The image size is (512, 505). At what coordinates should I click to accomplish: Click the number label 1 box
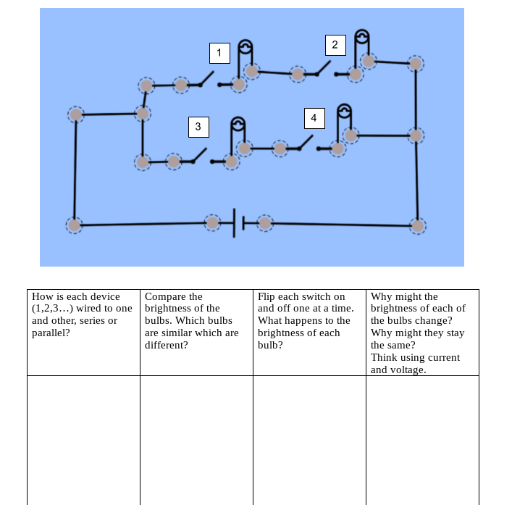(219, 53)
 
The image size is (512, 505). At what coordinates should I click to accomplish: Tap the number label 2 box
(335, 45)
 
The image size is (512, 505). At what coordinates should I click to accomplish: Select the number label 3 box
(198, 127)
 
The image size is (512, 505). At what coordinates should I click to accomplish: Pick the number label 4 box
(314, 117)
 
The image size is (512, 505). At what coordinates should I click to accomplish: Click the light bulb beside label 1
(245, 49)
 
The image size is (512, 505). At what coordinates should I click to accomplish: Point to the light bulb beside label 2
(362, 38)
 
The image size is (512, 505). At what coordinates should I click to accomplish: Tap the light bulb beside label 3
(238, 125)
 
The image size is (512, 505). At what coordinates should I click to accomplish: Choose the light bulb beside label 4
(345, 112)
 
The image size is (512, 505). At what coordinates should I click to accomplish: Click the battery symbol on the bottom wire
(238, 222)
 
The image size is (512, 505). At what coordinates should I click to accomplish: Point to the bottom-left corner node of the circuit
(75, 225)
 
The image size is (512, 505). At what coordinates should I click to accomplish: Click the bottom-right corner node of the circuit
(418, 225)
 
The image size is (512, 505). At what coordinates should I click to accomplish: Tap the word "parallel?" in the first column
(51, 333)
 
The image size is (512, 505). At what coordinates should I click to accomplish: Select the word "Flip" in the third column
(267, 296)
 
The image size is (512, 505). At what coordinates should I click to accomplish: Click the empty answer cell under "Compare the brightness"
(196, 438)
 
